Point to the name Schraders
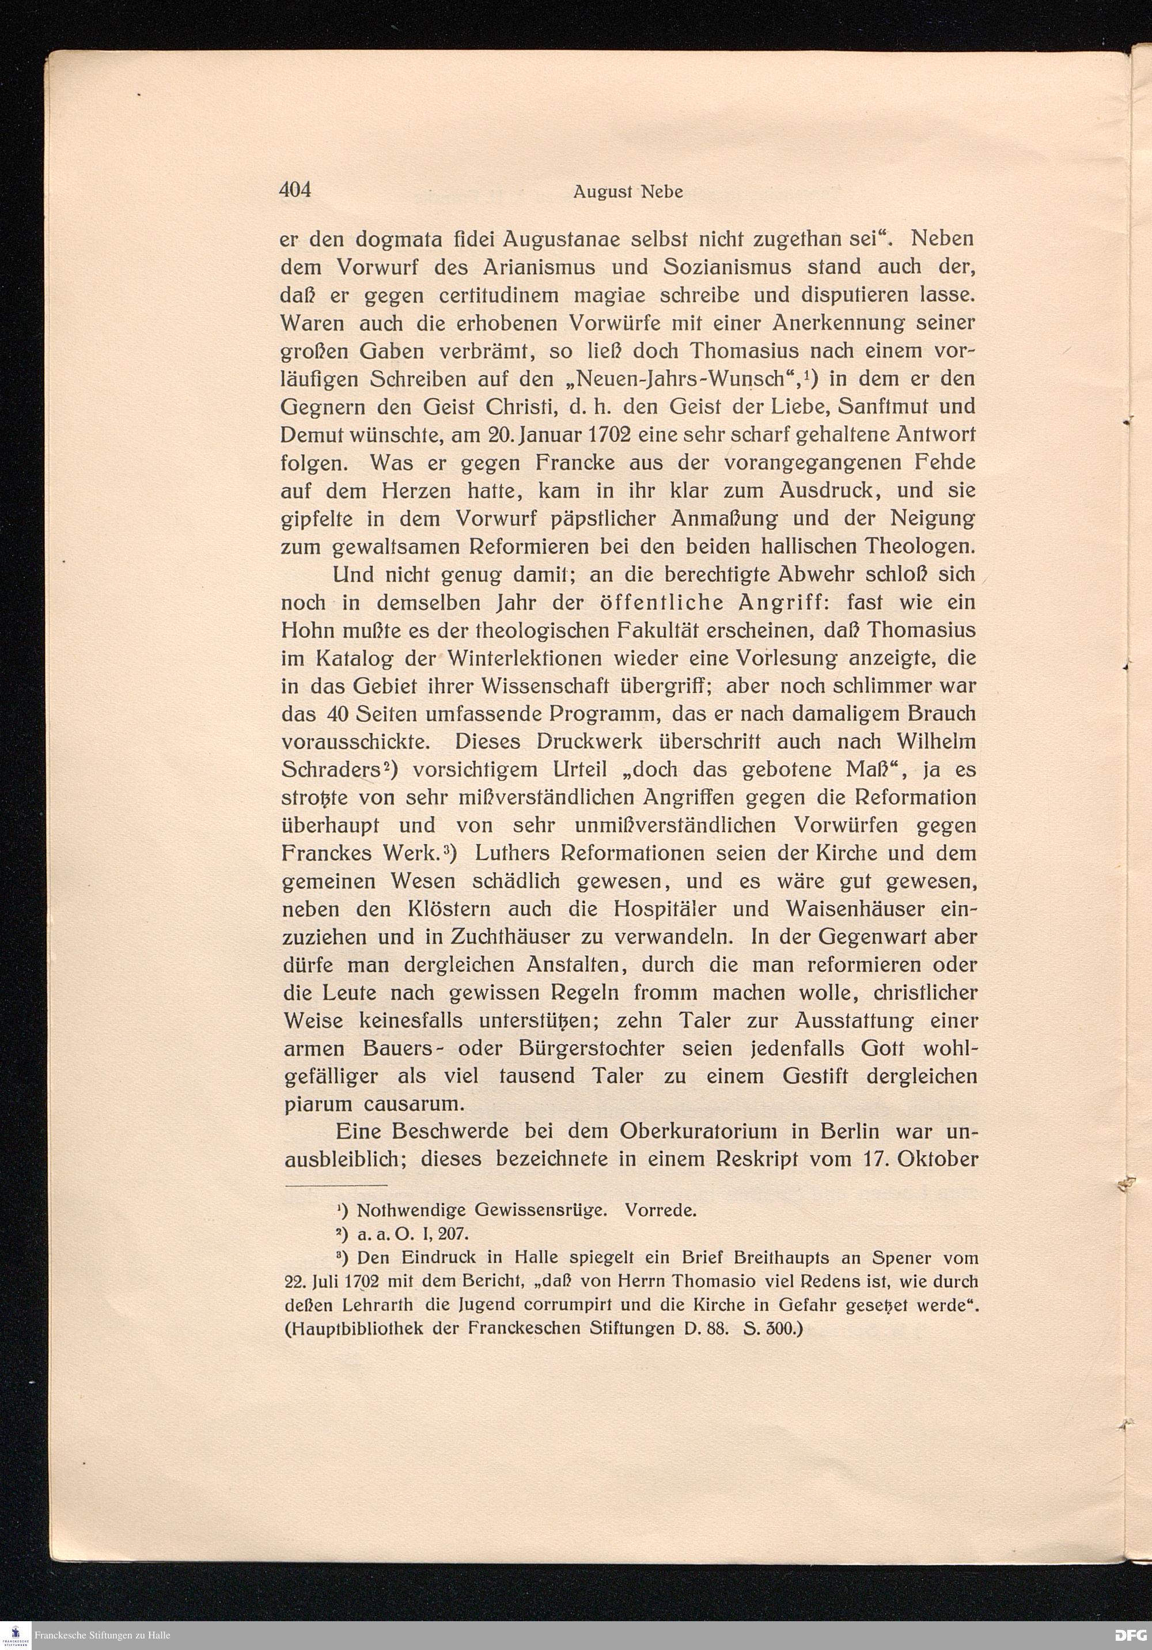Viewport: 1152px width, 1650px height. [331, 770]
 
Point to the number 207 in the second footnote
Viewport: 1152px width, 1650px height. [453, 1235]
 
